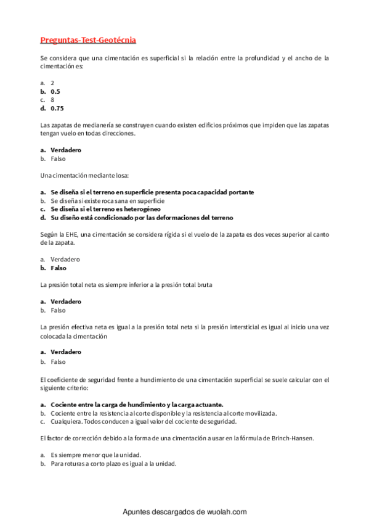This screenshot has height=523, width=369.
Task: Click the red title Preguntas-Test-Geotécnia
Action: [x=88, y=40]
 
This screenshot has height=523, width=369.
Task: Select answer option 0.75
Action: [x=57, y=108]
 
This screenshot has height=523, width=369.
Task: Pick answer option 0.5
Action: [x=55, y=91]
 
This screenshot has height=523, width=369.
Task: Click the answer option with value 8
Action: [x=52, y=99]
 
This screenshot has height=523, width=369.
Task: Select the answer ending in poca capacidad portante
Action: [x=152, y=192]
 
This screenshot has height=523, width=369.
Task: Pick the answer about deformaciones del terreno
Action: [x=142, y=218]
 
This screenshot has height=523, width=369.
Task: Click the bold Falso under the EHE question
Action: [x=59, y=268]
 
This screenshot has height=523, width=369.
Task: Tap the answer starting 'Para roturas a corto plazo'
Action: [x=113, y=463]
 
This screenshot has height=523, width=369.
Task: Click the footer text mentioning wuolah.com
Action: [x=185, y=512]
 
